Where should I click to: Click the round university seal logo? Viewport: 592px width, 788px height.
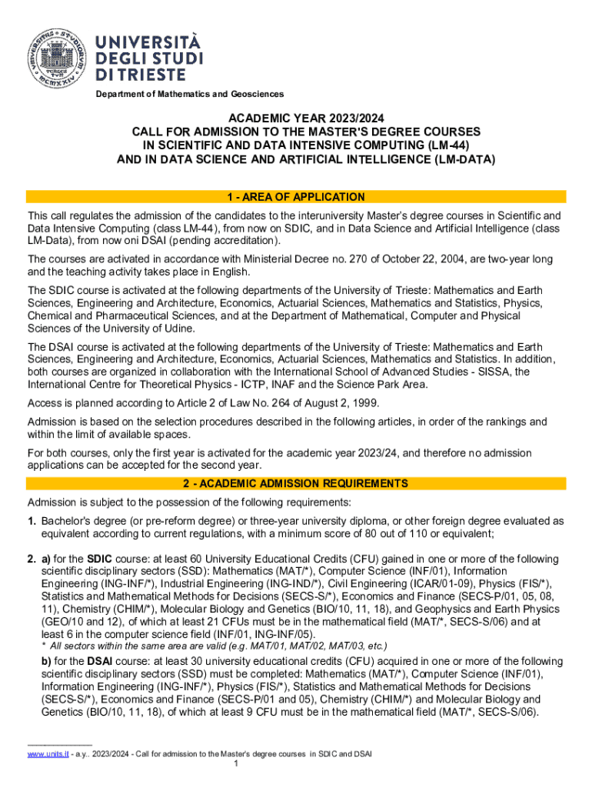55,56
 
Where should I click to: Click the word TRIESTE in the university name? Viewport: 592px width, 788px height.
140,75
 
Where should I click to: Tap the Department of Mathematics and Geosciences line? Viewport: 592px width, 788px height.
189,94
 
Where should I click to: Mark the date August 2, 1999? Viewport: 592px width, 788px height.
337,404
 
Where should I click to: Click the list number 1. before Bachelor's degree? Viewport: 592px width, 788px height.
32,521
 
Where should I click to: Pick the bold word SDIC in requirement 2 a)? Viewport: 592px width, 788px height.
100,559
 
